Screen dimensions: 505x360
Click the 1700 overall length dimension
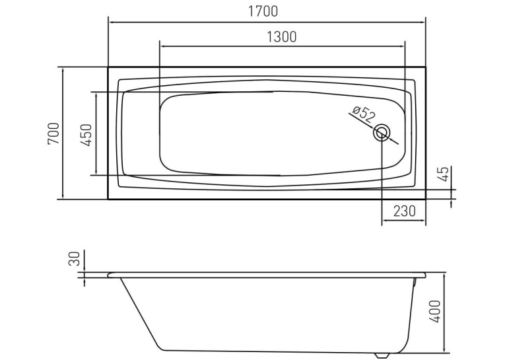tap(263, 11)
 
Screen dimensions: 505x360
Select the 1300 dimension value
tap(282, 37)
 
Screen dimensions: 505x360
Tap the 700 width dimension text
tap(53, 133)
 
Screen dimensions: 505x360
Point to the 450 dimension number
tap(86, 135)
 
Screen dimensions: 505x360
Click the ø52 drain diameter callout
tap(364, 113)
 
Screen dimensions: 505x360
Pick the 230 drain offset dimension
tap(405, 211)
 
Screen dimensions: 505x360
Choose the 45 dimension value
tap(444, 174)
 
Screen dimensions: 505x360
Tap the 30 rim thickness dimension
tap(74, 258)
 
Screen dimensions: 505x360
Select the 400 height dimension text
tap(435, 311)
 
